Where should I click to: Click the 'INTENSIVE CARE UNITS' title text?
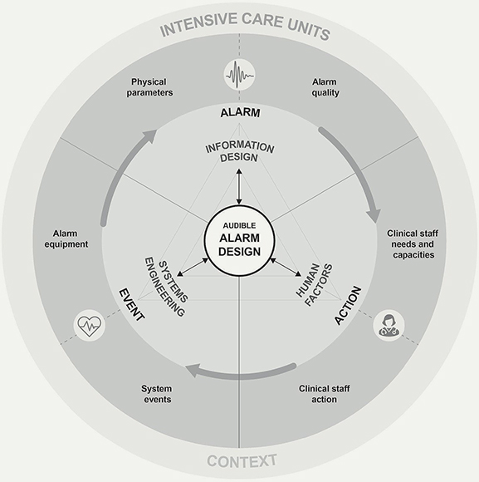point(245,25)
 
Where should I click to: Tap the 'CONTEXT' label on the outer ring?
point(242,461)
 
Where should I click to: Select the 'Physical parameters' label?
point(149,87)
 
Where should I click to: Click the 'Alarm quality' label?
point(325,87)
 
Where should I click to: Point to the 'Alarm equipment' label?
point(66,239)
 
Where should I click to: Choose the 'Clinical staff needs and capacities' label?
point(413,244)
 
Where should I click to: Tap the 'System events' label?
point(157,394)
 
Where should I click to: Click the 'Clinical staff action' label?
point(325,394)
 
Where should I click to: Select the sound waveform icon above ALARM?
point(239,75)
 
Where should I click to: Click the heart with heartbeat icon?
point(90,325)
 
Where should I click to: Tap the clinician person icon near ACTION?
point(389,325)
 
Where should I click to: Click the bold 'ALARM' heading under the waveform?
point(240,113)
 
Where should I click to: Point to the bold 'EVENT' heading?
point(132,305)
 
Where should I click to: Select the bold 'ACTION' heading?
point(348,305)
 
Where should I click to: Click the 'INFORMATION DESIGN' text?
point(239,151)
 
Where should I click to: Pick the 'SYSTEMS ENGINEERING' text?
point(166,288)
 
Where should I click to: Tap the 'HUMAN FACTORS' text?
point(314,285)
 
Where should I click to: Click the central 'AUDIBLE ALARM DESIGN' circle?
point(239,241)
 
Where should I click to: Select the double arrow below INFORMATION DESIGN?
point(239,187)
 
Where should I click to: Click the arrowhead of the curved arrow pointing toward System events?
point(193,370)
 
